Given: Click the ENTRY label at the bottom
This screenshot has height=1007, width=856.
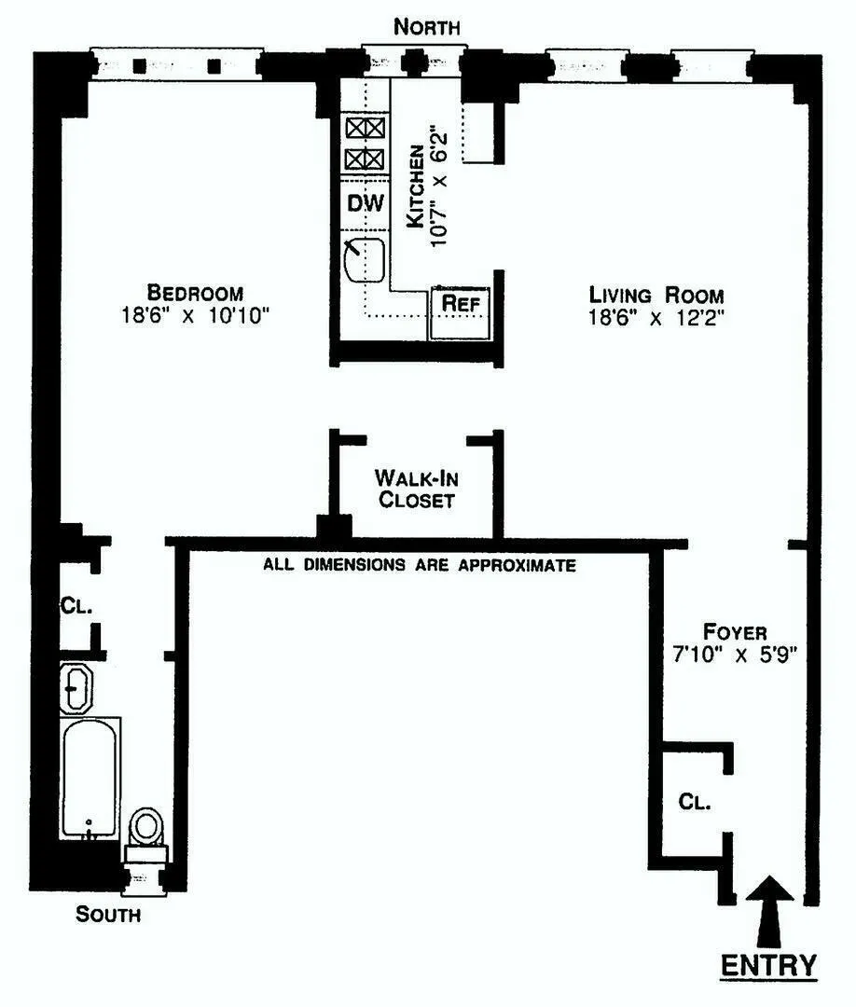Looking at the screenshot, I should [x=770, y=964].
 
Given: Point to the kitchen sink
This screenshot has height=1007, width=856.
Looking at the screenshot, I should [x=366, y=260].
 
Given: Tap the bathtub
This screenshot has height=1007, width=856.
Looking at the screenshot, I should [x=90, y=778].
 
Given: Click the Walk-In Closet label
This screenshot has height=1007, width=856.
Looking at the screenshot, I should [x=414, y=489].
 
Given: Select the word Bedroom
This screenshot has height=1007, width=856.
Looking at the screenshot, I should [x=194, y=292].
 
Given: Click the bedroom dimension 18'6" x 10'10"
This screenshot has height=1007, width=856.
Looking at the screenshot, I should [x=194, y=315].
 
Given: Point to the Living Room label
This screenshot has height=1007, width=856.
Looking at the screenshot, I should [x=656, y=295].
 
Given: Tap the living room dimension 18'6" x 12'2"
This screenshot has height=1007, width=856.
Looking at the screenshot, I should [x=656, y=318].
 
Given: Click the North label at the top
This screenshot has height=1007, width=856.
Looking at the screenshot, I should [x=426, y=27].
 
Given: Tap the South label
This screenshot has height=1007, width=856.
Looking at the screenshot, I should [x=108, y=915].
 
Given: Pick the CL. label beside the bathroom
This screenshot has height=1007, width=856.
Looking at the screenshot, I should [x=77, y=605].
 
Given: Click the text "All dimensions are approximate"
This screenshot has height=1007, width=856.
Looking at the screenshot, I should [x=419, y=565].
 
